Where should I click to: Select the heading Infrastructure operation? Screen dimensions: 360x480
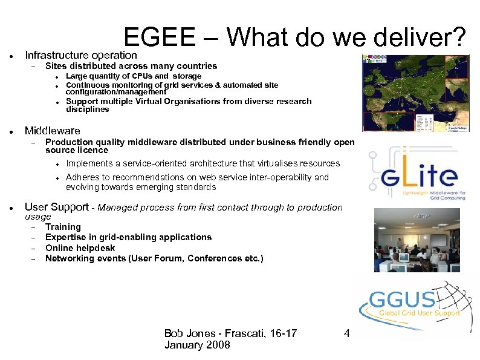81,55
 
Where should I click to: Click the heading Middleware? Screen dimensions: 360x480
52,131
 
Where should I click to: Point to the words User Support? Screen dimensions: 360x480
56,207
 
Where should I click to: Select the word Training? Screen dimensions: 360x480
63,227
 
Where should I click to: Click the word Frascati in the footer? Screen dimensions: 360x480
241,333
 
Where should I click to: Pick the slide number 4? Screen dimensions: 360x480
346,333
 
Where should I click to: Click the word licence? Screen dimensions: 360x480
92,150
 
